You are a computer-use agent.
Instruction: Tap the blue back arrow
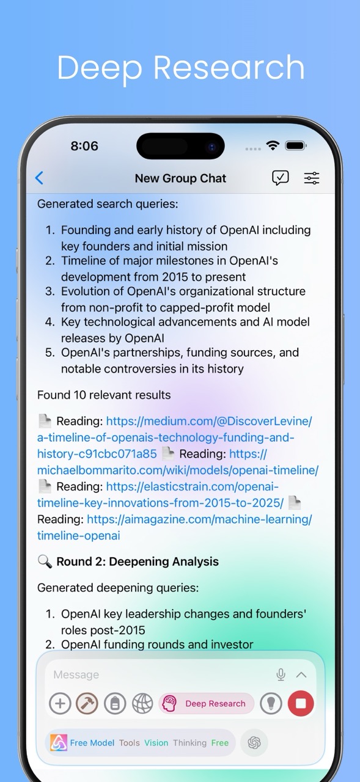pyautogui.click(x=39, y=178)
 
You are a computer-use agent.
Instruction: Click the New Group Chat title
pyautogui.click(x=180, y=178)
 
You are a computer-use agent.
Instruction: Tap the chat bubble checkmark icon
pyautogui.click(x=281, y=178)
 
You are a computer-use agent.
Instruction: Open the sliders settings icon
pyautogui.click(x=312, y=178)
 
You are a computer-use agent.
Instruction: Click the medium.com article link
pyautogui.click(x=165, y=437)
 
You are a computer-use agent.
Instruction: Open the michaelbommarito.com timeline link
pyautogui.click(x=177, y=470)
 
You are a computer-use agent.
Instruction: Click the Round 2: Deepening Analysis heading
pyautogui.click(x=137, y=561)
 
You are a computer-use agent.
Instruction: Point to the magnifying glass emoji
pyautogui.click(x=45, y=561)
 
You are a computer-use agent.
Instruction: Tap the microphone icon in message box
pyautogui.click(x=281, y=674)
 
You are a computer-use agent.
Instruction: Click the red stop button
pyautogui.click(x=300, y=704)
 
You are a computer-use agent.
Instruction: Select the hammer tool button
pyautogui.click(x=87, y=704)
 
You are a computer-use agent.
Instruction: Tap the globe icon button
pyautogui.click(x=142, y=704)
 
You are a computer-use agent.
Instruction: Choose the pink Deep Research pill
pyautogui.click(x=207, y=704)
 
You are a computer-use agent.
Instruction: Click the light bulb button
pyautogui.click(x=271, y=704)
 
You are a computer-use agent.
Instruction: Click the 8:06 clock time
pyautogui.click(x=84, y=146)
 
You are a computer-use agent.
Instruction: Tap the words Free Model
pyautogui.click(x=92, y=743)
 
